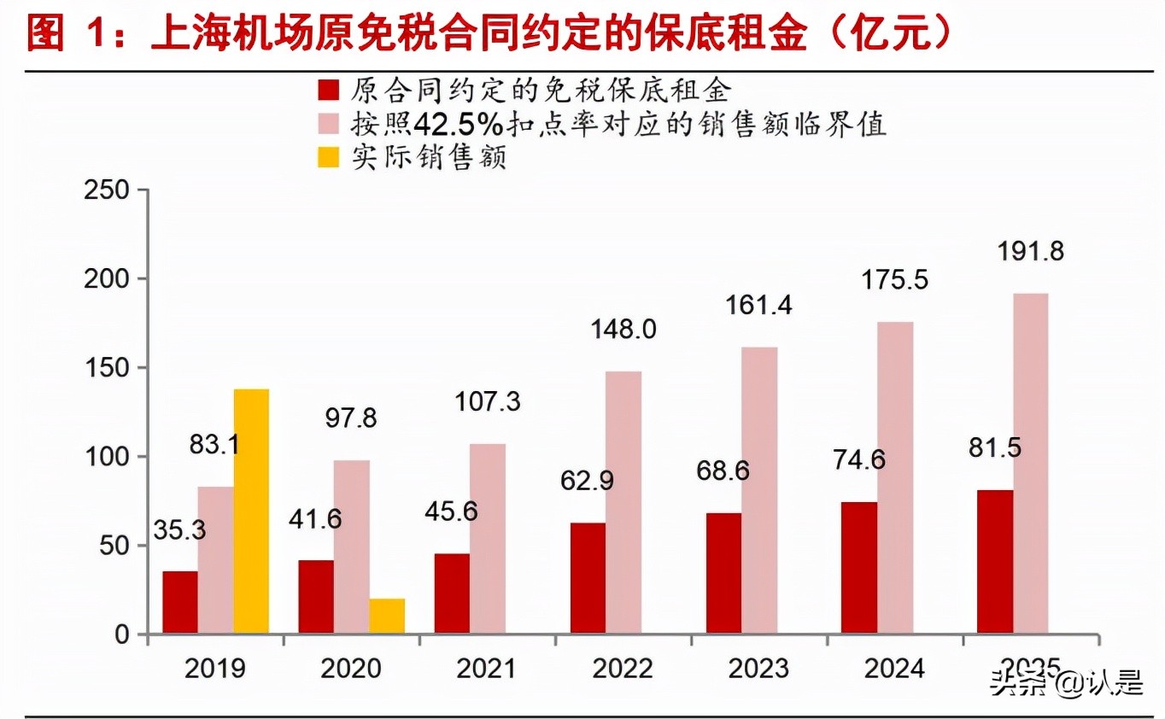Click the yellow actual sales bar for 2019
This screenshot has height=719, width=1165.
pos(251,512)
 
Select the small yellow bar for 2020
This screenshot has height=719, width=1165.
pos(387,617)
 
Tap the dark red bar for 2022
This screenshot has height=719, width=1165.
pos(588,579)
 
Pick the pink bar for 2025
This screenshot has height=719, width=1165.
pos(1030,465)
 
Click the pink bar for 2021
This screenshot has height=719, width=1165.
pos(487,540)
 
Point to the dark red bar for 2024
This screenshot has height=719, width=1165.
pos(858,569)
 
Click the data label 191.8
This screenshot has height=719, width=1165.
pos(1031,253)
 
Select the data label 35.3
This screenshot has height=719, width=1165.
pos(179,529)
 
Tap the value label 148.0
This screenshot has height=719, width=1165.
pos(623,330)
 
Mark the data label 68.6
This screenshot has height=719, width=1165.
pos(722,471)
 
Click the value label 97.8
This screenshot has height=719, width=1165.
pos(351,418)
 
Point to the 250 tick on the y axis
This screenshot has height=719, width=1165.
pos(109,190)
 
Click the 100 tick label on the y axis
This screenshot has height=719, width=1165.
pos(109,457)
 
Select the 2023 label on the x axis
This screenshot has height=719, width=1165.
pos(758,668)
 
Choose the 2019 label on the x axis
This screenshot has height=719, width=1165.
pos(214,668)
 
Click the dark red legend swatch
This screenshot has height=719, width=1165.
pos(329,91)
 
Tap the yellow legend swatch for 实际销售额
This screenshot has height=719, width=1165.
pos(329,158)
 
